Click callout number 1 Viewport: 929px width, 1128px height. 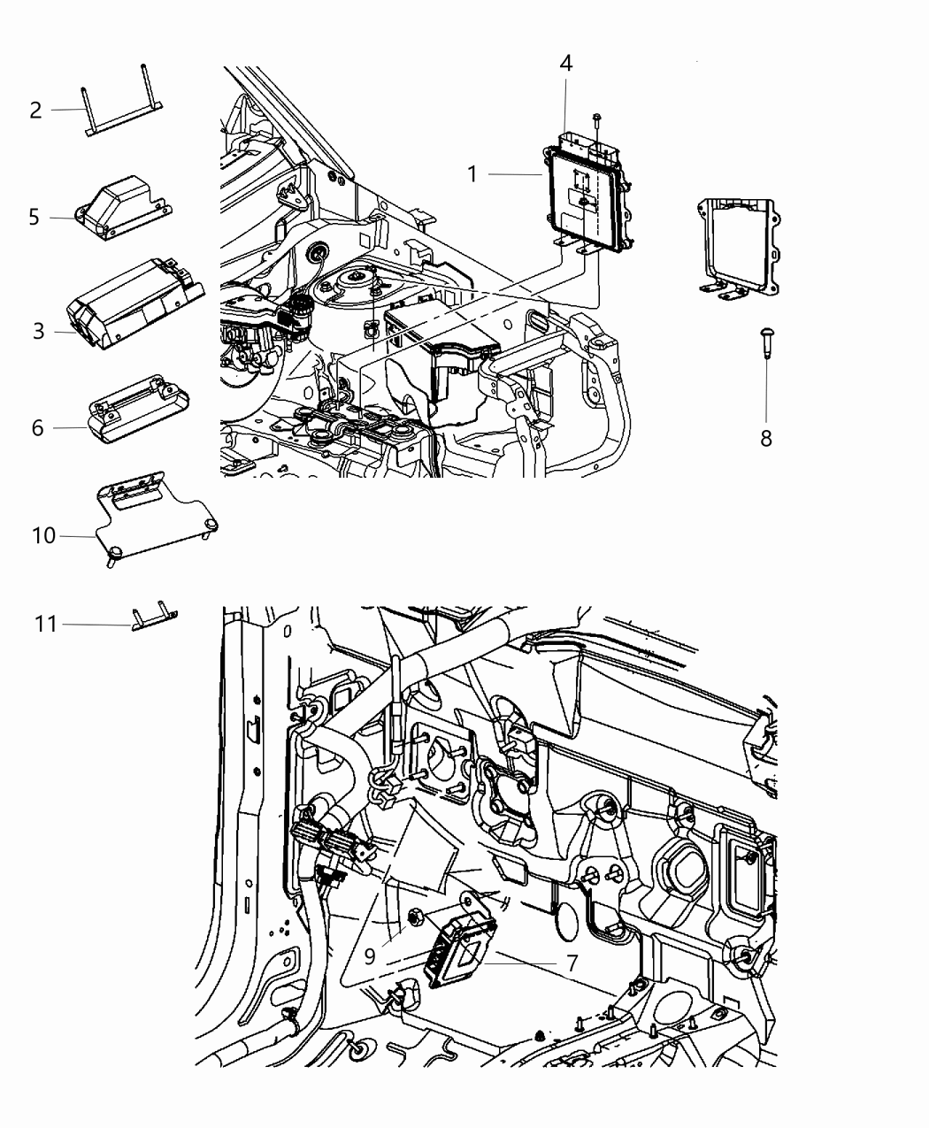pos(472,174)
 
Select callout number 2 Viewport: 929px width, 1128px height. pos(35,111)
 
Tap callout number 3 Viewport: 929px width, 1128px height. pos(38,332)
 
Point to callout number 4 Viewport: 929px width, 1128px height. pos(566,63)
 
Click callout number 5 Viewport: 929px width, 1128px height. pos(34,217)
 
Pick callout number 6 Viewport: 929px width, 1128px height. pos(37,428)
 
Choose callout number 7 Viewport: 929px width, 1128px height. pos(572,963)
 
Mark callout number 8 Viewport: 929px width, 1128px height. pos(766,437)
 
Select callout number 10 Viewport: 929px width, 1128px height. pos(43,536)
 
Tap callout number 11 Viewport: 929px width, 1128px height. pos(46,625)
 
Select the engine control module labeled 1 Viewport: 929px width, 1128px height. pos(585,195)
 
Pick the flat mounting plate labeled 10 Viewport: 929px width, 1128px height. pos(155,522)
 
